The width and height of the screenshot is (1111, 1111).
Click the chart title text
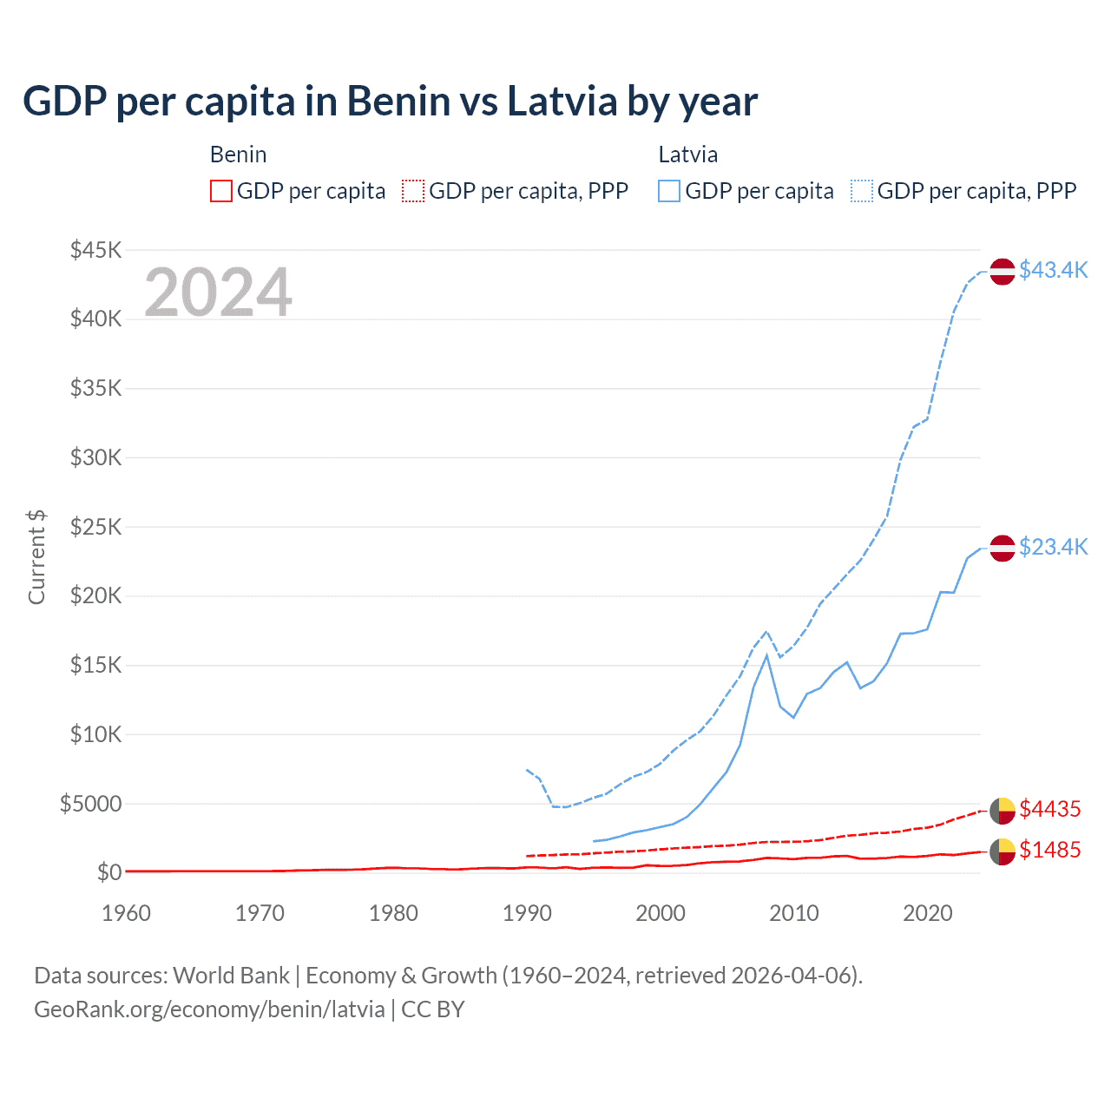390,102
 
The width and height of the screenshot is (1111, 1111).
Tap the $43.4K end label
1053,270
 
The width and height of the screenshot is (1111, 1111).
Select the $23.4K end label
1053,547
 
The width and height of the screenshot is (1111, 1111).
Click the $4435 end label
1049,809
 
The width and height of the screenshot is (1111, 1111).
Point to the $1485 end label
1049,850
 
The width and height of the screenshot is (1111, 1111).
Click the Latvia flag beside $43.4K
1003,272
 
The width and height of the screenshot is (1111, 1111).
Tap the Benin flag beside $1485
1003,852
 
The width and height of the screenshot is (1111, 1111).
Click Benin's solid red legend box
221,191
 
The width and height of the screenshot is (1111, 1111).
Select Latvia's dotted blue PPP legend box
862,191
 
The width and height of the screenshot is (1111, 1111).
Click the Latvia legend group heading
687,154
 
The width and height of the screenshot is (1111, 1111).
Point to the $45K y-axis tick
96,250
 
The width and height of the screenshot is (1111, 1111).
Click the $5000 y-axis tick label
91,804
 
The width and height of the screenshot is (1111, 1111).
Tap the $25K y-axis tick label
96,527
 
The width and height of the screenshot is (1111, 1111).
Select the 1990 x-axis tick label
527,913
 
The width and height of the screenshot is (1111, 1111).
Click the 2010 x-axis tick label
794,913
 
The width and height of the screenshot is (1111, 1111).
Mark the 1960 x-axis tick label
127,913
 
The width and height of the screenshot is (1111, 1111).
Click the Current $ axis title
36,557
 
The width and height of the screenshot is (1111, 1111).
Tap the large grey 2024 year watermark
218,293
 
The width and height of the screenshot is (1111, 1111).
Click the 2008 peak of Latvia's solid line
766,655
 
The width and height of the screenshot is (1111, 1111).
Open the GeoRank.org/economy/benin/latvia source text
209,1009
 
